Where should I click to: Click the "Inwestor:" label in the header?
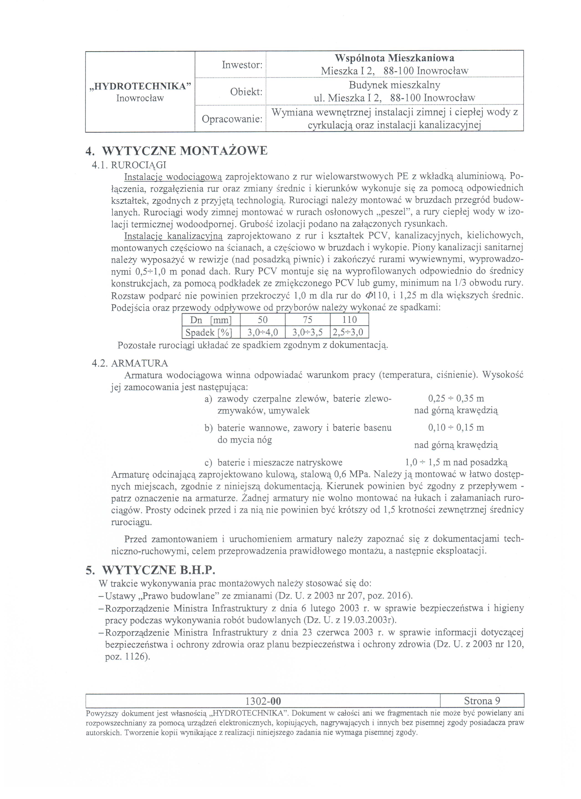[242, 65]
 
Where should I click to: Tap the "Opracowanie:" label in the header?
[232, 119]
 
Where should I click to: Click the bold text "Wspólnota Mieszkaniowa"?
[394, 58]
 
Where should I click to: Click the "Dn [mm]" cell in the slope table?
[211, 320]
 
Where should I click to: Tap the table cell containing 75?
[307, 320]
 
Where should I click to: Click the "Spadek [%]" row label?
[211, 332]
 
